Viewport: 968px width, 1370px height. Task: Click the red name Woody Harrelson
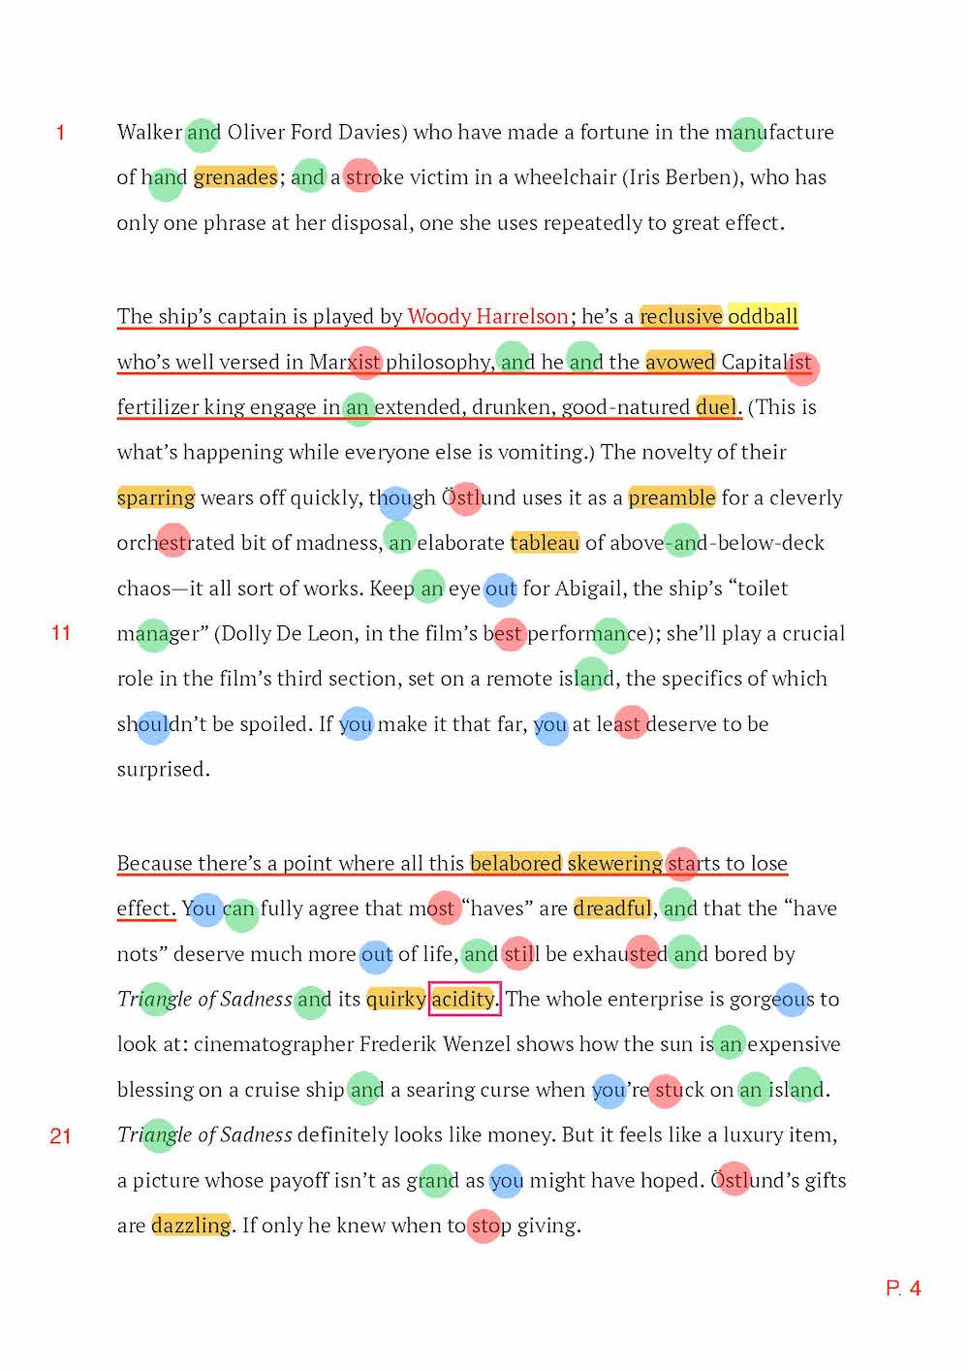(x=487, y=316)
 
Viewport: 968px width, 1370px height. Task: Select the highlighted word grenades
(x=235, y=177)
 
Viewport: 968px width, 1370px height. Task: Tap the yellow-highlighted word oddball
(x=763, y=316)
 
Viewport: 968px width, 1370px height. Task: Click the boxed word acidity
(x=463, y=999)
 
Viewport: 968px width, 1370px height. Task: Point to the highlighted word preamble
(x=671, y=497)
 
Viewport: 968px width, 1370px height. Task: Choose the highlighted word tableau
(x=545, y=543)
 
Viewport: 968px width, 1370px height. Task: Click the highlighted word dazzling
(x=191, y=1226)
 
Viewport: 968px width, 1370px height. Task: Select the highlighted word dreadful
(x=612, y=908)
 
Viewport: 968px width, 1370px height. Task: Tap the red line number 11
(x=61, y=633)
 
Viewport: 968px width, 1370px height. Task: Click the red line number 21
(x=61, y=1135)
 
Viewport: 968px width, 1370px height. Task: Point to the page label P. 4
(x=903, y=1289)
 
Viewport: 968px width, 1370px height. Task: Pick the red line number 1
(x=61, y=133)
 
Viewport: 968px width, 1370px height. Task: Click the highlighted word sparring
(x=156, y=497)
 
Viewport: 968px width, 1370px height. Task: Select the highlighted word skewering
(x=615, y=863)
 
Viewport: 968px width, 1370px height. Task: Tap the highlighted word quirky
(x=396, y=999)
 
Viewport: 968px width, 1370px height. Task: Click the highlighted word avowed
(x=680, y=362)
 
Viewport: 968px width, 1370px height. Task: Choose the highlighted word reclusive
(x=681, y=316)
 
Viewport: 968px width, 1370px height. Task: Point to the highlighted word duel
(x=716, y=407)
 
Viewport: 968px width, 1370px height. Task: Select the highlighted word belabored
(x=515, y=863)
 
